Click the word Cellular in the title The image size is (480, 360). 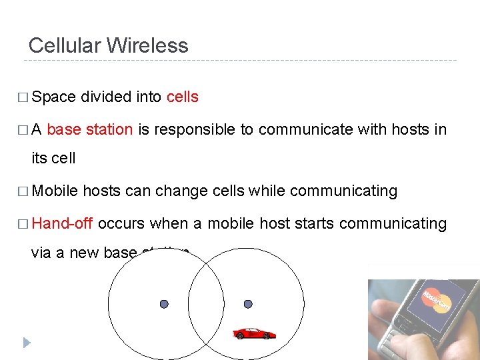point(65,45)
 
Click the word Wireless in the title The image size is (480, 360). point(147,45)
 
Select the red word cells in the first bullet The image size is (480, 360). point(182,97)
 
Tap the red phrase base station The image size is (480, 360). point(90,129)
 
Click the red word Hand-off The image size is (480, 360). point(62,223)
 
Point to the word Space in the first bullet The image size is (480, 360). point(53,97)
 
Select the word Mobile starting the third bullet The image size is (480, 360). point(55,191)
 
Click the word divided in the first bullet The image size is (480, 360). point(106,97)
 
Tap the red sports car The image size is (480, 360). point(254,333)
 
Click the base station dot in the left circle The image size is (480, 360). point(164,304)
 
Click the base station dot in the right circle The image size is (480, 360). point(248,304)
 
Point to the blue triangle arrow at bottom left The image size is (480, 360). point(26,343)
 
